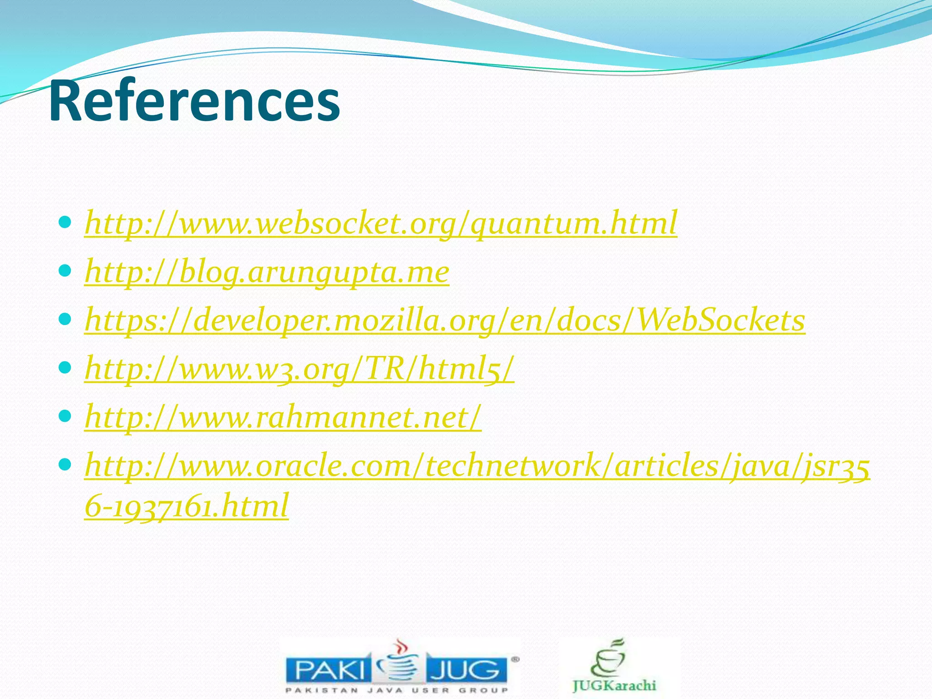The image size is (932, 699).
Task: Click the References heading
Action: pyautogui.click(x=194, y=101)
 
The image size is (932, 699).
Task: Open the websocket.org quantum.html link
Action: pyautogui.click(x=381, y=223)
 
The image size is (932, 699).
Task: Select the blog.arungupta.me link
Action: pyautogui.click(x=267, y=272)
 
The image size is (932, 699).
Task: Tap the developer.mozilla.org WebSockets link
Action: pyautogui.click(x=445, y=320)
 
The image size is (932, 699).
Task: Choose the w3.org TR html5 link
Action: pyautogui.click(x=299, y=369)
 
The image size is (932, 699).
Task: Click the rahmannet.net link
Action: pyautogui.click(x=283, y=417)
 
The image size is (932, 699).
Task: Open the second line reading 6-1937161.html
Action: pyautogui.click(x=187, y=506)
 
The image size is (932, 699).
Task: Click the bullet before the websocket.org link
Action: pyautogui.click(x=65, y=223)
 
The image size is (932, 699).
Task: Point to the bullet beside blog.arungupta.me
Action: pyautogui.click(x=65, y=271)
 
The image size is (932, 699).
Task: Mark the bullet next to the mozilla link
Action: pyautogui.click(x=65, y=319)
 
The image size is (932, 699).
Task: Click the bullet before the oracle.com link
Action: pyautogui.click(x=65, y=465)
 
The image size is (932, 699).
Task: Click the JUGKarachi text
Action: pyautogui.click(x=614, y=685)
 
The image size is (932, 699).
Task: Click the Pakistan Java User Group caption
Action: pyautogui.click(x=396, y=690)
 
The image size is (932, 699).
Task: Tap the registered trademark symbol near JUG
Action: pyautogui.click(x=515, y=659)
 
